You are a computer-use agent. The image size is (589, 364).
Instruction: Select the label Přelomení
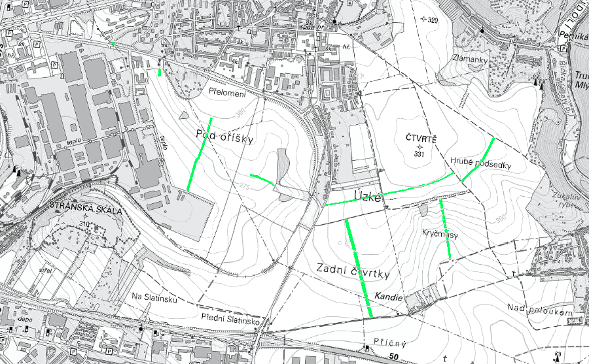pyautogui.click(x=227, y=93)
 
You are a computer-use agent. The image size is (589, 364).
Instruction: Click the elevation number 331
pyautogui.click(x=420, y=154)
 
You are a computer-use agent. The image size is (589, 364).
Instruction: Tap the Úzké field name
pyautogui.click(x=366, y=196)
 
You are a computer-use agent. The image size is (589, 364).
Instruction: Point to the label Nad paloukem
pyautogui.click(x=540, y=312)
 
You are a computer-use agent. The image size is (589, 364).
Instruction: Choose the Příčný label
pyautogui.click(x=387, y=342)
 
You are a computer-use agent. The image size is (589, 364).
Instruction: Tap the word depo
pyautogui.click(x=26, y=320)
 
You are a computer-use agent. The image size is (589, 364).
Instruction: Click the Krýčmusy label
pyautogui.click(x=439, y=233)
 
